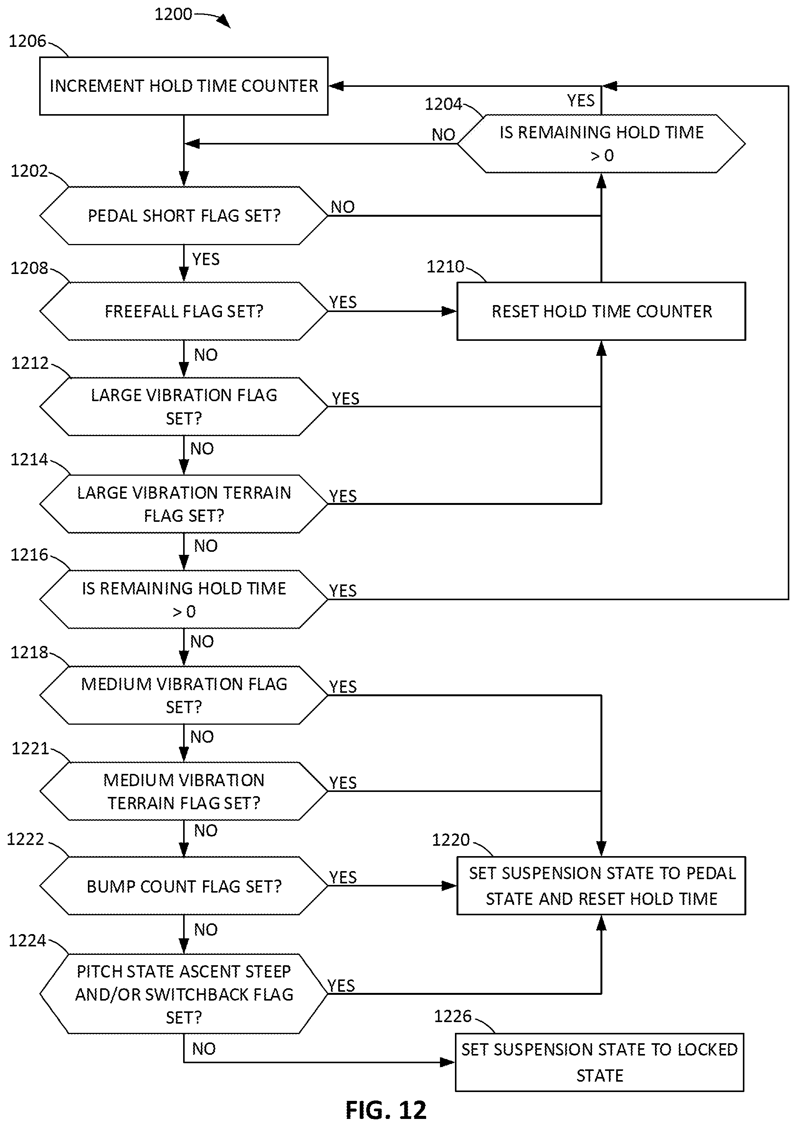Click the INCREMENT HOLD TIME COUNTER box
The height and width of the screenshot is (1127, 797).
point(184,86)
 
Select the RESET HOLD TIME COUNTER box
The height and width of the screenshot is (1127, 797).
point(601,311)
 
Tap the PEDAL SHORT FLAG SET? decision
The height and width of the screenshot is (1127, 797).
point(184,216)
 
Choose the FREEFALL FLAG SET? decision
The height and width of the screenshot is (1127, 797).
point(184,311)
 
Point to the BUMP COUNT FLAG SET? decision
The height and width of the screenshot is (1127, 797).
point(184,886)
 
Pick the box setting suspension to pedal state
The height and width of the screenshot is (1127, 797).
point(601,886)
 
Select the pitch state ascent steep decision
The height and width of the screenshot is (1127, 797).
point(184,994)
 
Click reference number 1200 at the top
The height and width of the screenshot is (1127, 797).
point(173,14)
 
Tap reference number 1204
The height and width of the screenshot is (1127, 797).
point(443,104)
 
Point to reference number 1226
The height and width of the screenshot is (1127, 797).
point(453,1016)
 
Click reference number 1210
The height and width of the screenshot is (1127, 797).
point(445,267)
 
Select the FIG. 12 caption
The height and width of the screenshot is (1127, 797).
point(386,1110)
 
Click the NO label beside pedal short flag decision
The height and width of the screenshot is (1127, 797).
point(342,207)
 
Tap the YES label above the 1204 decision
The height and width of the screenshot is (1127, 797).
point(580,101)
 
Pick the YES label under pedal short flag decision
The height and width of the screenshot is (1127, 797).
point(206,259)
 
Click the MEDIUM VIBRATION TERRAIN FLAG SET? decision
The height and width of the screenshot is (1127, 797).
point(184,791)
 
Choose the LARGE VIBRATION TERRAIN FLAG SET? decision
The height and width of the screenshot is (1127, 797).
point(184,504)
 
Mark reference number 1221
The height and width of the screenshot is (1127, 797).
point(30,749)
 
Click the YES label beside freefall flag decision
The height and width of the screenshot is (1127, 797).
point(342,302)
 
